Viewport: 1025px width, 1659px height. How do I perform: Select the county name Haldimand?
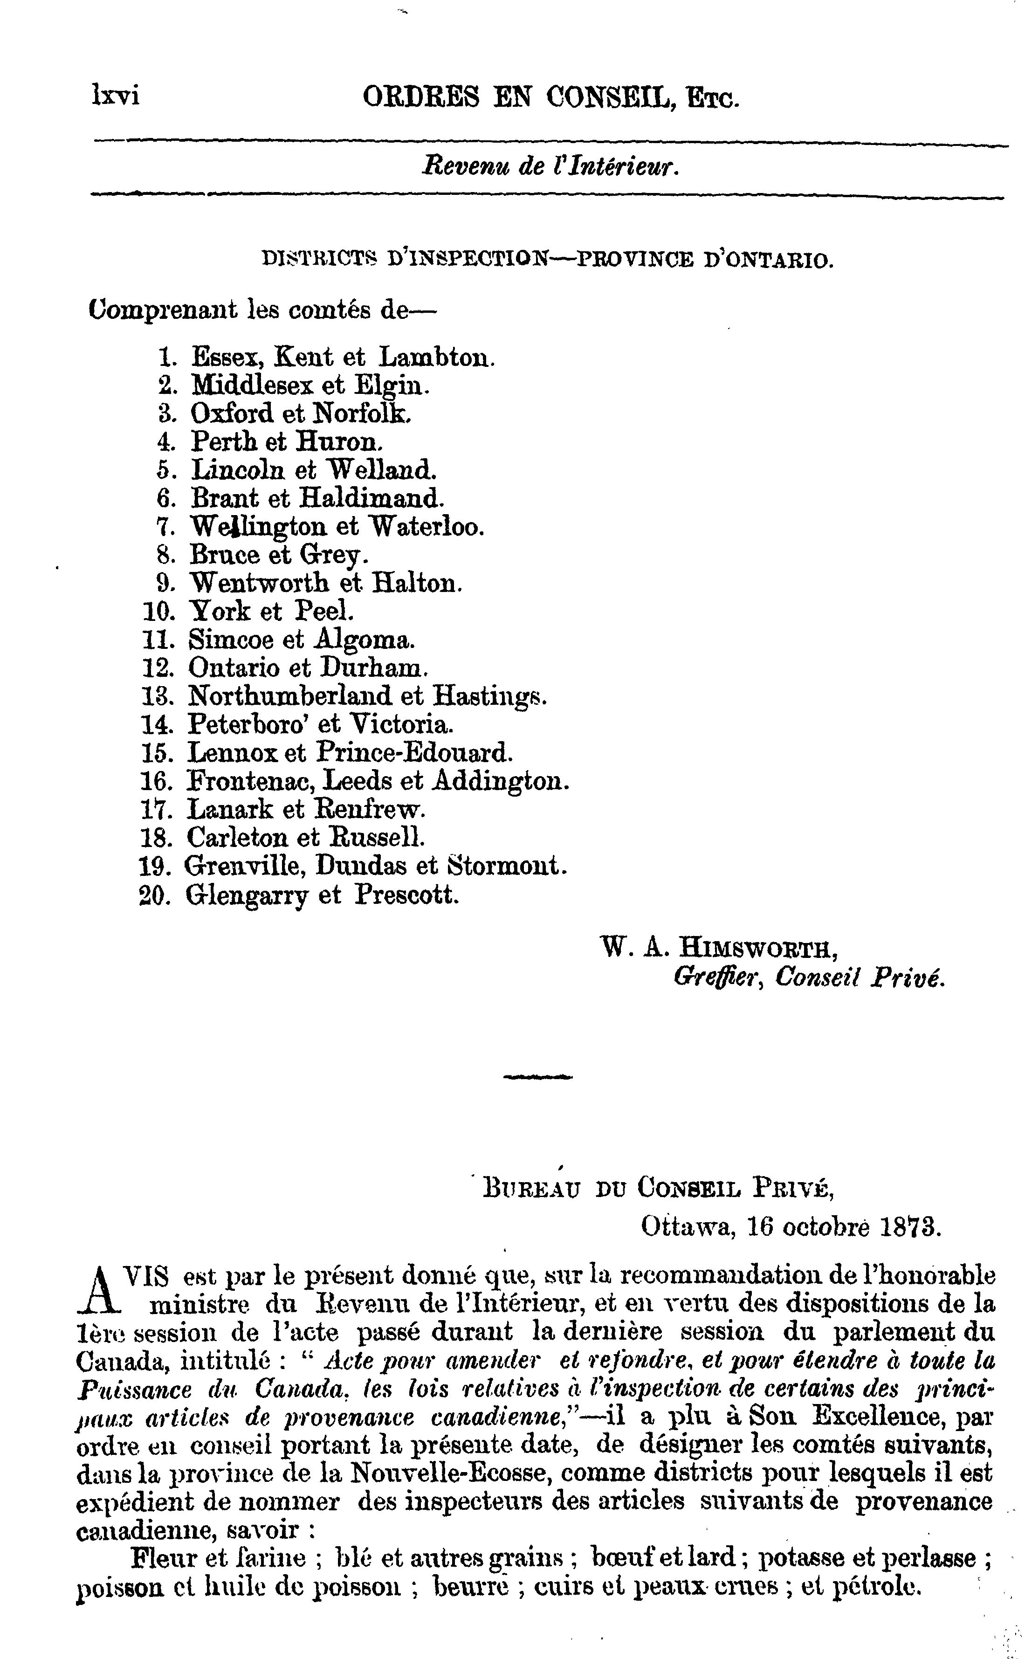tap(371, 498)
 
